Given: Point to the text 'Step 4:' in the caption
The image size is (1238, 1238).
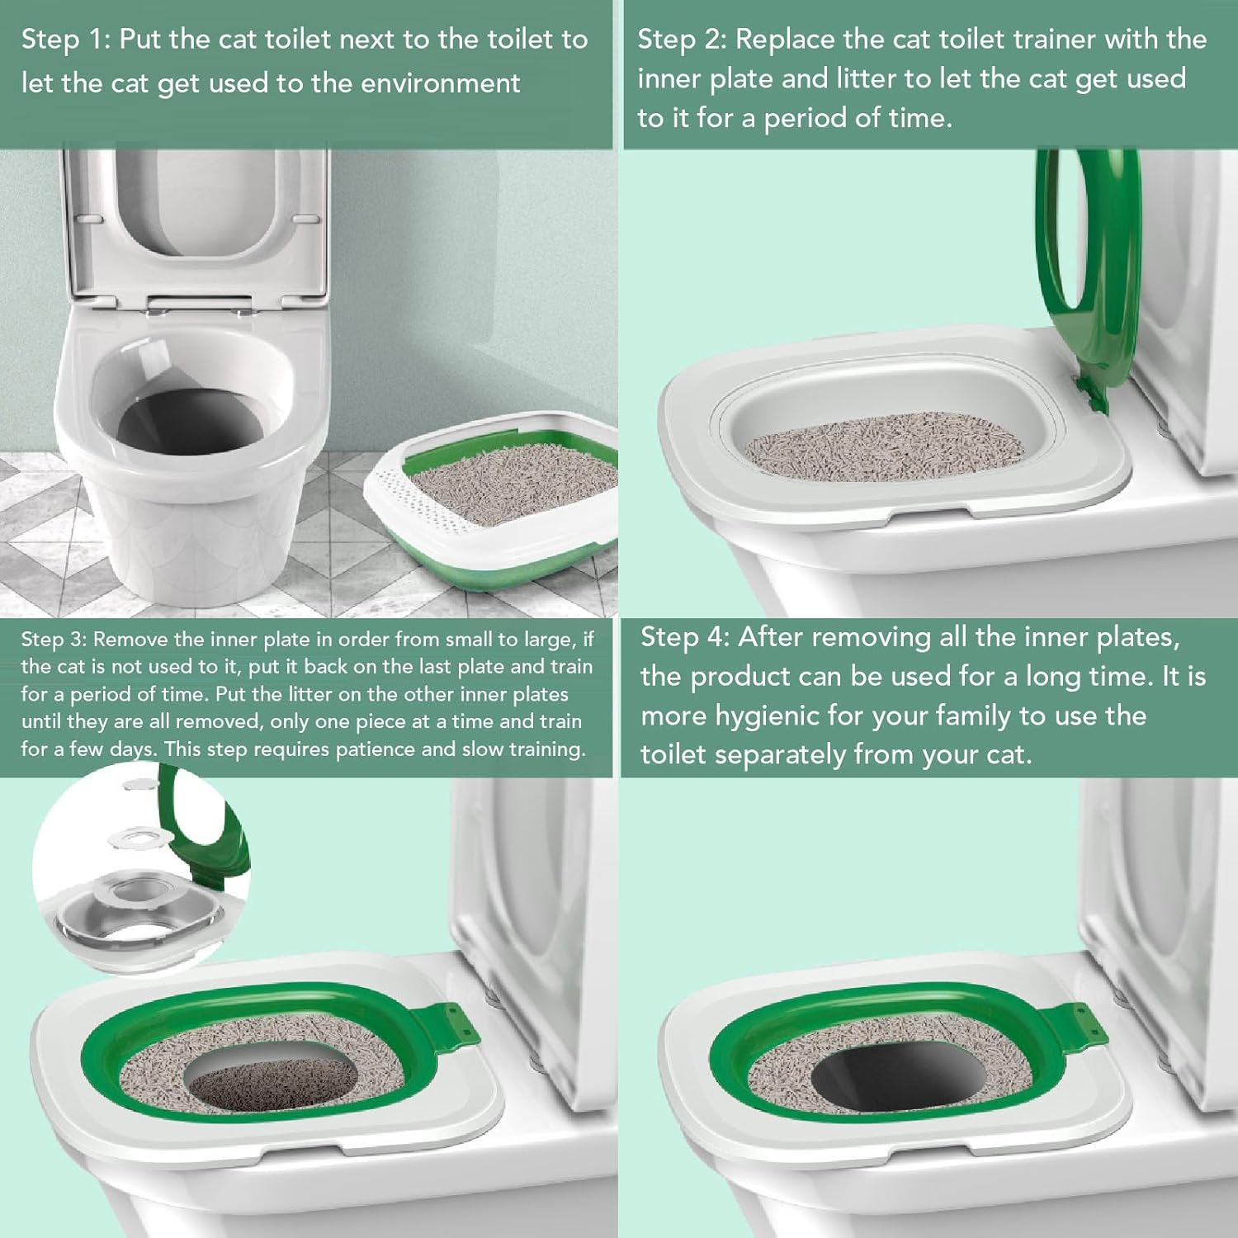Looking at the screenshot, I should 684,637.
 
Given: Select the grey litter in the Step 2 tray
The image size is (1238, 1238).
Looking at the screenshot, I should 883,450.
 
